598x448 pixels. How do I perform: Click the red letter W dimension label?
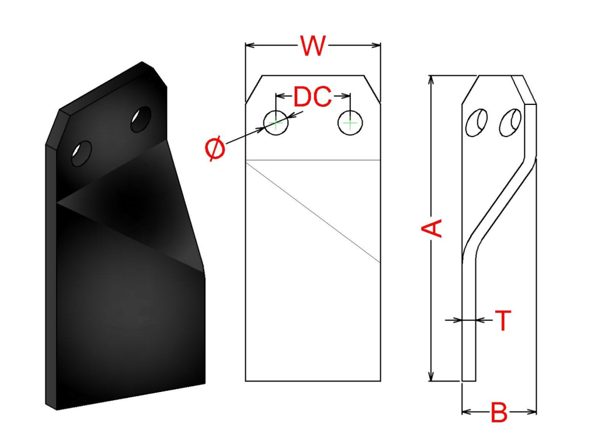click(x=312, y=46)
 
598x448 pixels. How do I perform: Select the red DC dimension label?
click(x=312, y=97)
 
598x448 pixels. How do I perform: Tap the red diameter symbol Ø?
click(x=215, y=149)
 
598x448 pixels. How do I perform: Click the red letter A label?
click(x=433, y=228)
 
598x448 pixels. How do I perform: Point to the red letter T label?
click(x=503, y=320)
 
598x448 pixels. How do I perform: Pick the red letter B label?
click(x=499, y=413)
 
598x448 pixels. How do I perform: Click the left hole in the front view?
click(x=276, y=123)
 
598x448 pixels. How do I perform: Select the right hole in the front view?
click(x=350, y=123)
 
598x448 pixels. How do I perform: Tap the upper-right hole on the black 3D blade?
click(x=140, y=119)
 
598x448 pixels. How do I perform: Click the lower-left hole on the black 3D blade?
click(x=81, y=153)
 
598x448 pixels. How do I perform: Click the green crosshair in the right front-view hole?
click(x=350, y=123)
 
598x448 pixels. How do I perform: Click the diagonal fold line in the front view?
click(x=313, y=211)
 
